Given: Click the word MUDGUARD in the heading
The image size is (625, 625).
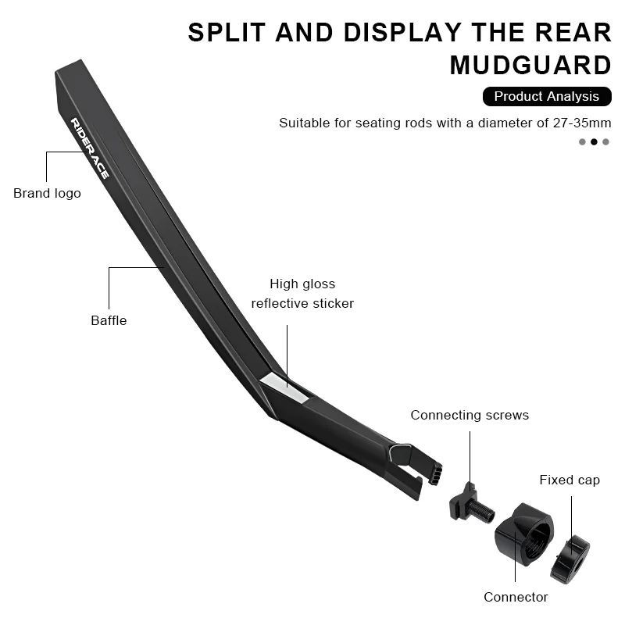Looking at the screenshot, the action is [x=530, y=65].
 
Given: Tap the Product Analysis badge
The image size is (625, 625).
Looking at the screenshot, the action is [x=546, y=96].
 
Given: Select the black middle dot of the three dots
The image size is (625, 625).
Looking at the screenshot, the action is [x=594, y=141].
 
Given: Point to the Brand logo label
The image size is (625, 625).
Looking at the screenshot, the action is [x=47, y=193].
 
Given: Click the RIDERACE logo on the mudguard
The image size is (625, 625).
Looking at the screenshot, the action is [x=89, y=148].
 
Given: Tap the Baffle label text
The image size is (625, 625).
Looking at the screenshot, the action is [x=109, y=320].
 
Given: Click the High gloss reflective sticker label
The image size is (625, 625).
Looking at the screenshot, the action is [x=302, y=294].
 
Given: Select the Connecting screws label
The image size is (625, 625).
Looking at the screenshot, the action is [x=470, y=415].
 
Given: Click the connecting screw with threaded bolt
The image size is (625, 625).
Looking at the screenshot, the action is [x=471, y=503].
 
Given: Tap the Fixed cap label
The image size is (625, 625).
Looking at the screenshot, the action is [x=570, y=480].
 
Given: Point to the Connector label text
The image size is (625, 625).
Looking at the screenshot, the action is [x=516, y=597].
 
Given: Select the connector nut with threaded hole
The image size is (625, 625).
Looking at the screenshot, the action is [x=523, y=539].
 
